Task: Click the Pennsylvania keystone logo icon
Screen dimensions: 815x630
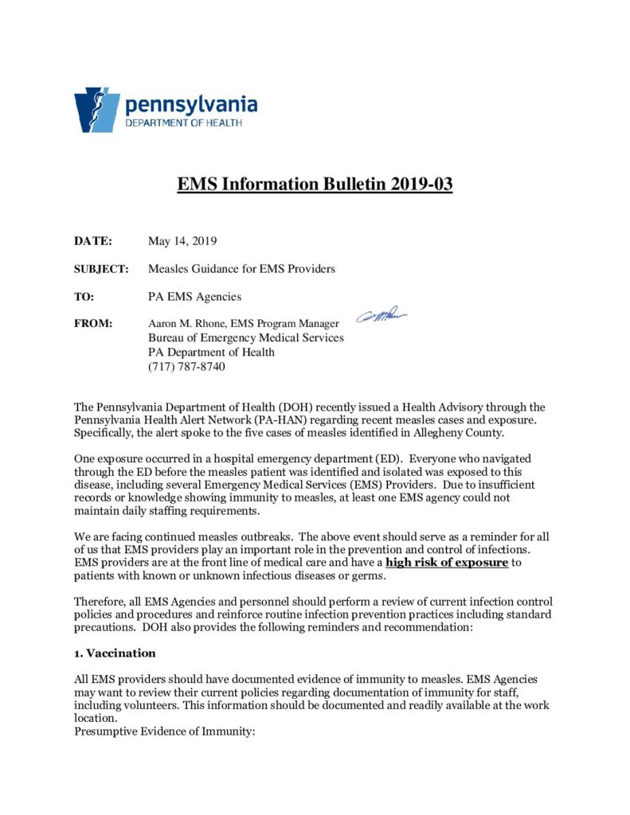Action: point(96,109)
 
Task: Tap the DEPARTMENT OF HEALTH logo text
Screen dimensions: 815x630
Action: point(183,123)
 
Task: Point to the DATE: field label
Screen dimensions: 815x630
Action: point(93,241)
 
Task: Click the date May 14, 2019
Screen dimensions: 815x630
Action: point(182,241)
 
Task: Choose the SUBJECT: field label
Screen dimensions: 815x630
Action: point(101,269)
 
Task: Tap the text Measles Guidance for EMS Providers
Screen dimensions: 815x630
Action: point(241,269)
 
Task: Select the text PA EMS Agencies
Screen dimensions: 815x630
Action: point(194,297)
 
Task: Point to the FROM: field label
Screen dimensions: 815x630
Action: point(93,324)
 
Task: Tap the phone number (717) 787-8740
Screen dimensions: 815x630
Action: point(186,366)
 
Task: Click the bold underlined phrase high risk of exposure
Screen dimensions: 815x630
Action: point(446,563)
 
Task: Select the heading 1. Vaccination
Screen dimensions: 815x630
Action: point(115,653)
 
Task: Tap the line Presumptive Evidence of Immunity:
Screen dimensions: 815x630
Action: point(164,731)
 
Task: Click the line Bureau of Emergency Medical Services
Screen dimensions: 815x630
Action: point(246,337)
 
